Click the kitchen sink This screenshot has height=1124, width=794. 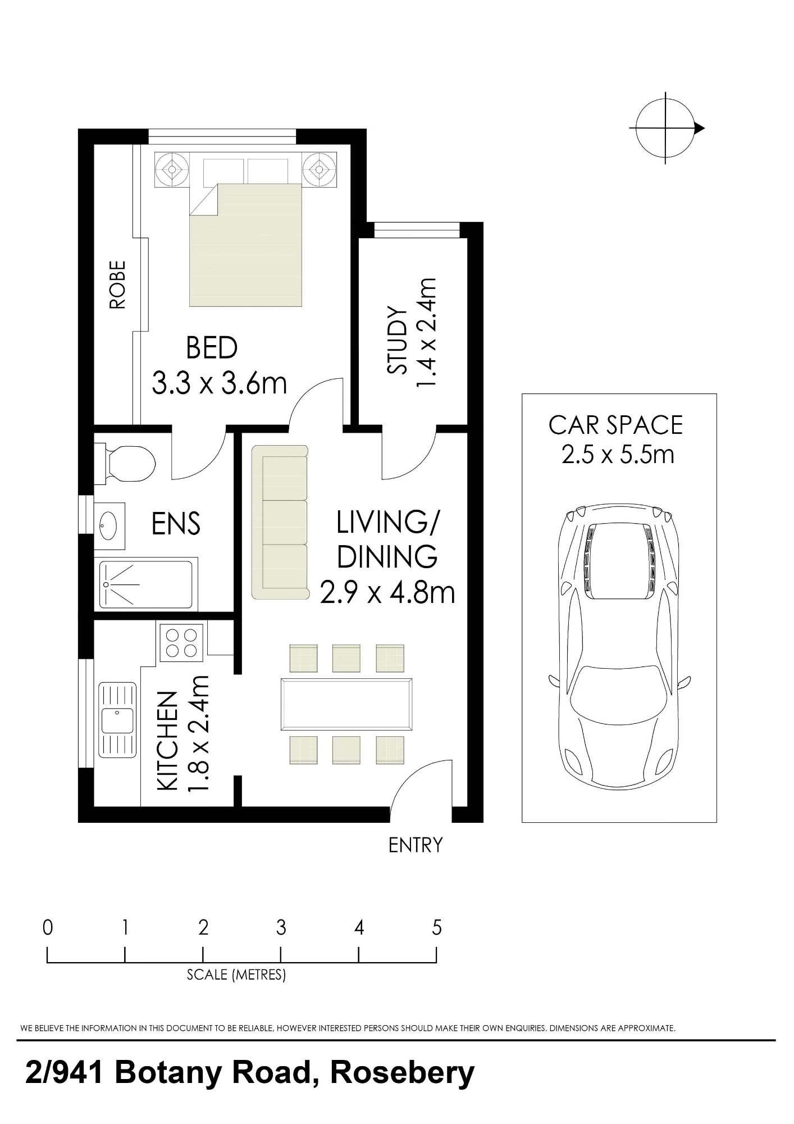click(x=117, y=721)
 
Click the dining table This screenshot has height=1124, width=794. click(x=346, y=704)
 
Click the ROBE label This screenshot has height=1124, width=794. click(x=117, y=285)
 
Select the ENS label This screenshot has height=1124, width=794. click(x=176, y=524)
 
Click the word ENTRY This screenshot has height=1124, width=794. click(x=416, y=845)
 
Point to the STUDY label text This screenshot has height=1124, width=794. click(x=398, y=340)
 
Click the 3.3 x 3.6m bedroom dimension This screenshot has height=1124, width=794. click(x=219, y=384)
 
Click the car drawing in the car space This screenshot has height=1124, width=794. click(x=619, y=646)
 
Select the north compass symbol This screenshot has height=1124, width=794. click(x=667, y=128)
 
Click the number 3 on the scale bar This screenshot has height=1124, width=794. click(x=281, y=928)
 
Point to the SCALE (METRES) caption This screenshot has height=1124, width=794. click(x=236, y=974)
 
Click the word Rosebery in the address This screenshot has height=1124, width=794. click(x=402, y=1073)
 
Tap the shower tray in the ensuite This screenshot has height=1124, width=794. click(x=146, y=584)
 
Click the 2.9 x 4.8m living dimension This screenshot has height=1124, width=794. click(x=387, y=593)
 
